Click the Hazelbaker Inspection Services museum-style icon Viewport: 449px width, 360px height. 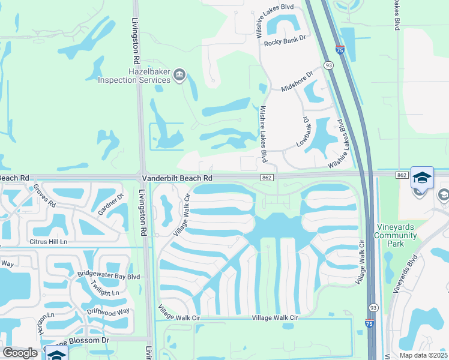tap(179, 75)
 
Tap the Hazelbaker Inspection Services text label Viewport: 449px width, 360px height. tap(134, 76)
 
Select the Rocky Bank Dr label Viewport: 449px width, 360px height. tap(285, 41)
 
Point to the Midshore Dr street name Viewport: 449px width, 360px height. tap(297, 82)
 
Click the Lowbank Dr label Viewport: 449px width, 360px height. tap(304, 132)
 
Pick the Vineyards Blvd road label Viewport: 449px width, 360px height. tap(405, 276)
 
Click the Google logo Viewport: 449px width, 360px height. tap(20, 353)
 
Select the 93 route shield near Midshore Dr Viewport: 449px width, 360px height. tap(328, 64)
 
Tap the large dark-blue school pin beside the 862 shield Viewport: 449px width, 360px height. tap(421, 178)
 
